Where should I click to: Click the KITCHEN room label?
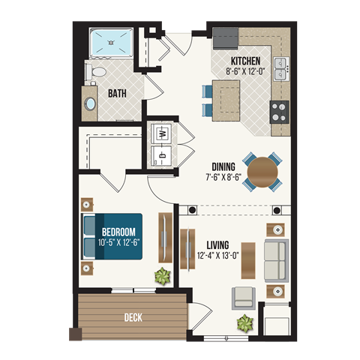[246, 61]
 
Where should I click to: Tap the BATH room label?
[117, 94]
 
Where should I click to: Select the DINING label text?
[223, 166]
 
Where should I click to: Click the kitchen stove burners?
[280, 111]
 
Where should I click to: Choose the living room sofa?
[275, 259]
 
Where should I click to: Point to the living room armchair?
[243, 298]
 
